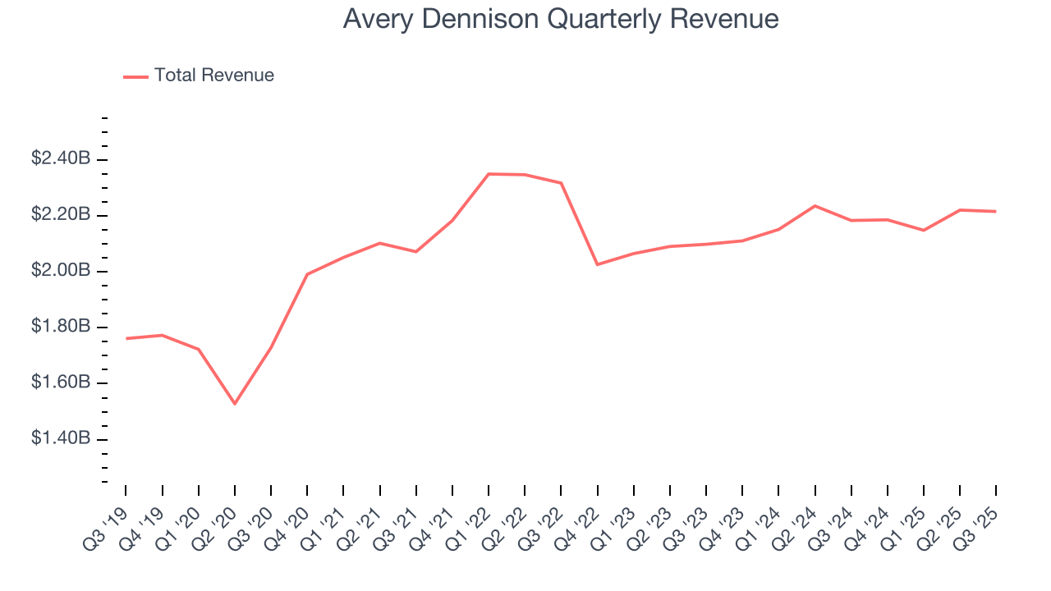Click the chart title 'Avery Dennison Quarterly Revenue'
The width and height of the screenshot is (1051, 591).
click(560, 19)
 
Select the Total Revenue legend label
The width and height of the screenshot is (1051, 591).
click(213, 76)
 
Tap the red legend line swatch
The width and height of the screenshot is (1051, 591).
click(135, 76)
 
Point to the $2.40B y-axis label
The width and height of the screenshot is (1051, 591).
click(60, 158)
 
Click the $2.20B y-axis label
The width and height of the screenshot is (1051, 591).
click(60, 215)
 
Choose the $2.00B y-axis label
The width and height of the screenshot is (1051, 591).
click(60, 271)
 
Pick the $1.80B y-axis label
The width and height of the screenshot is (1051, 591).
click(60, 327)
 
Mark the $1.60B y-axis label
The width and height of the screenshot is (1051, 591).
click(60, 383)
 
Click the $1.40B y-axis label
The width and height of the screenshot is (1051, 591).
click(60, 439)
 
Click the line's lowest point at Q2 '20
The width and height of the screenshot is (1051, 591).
click(235, 404)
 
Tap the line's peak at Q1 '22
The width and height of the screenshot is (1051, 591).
click(489, 174)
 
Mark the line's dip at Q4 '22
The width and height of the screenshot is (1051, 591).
click(597, 264)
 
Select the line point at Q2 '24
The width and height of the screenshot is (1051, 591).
click(815, 206)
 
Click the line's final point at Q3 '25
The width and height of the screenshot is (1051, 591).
click(996, 212)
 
